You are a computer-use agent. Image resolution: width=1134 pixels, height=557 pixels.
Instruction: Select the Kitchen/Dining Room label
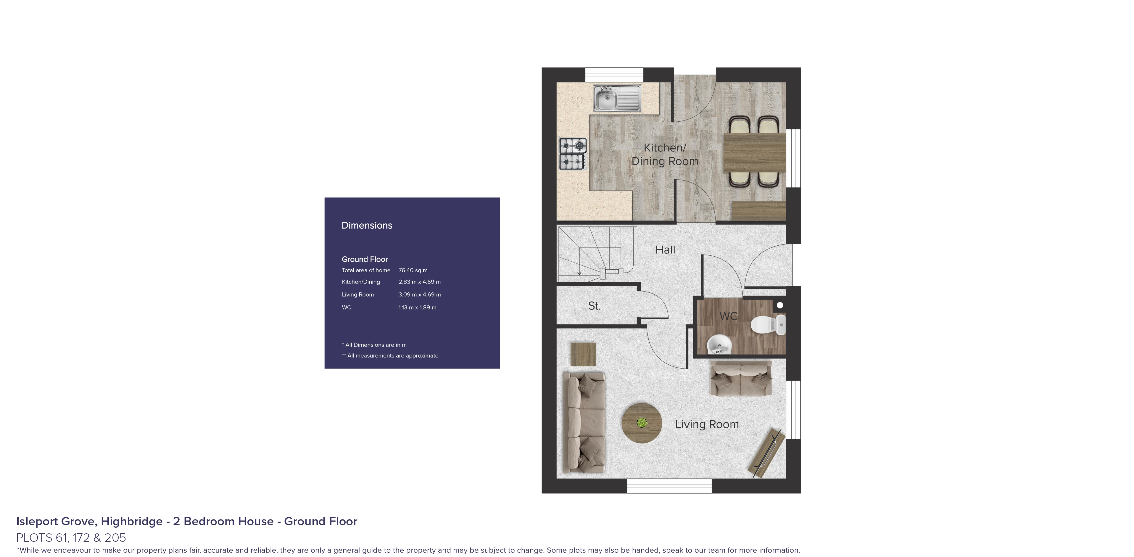coord(665,155)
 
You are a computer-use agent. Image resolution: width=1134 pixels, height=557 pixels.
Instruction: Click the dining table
coord(754,152)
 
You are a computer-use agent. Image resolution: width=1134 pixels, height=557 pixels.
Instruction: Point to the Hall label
coord(665,250)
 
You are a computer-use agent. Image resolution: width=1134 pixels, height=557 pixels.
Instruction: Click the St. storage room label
coord(594,306)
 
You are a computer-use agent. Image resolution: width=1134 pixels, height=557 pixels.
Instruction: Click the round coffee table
coord(641,423)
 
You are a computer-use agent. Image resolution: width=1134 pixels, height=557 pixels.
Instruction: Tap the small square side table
coord(583,354)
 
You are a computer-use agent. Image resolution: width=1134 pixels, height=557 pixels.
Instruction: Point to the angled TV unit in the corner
coord(767,454)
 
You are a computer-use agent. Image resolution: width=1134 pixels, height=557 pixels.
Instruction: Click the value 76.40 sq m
coord(412,270)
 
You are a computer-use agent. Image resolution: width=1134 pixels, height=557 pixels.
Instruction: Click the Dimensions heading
coord(367,225)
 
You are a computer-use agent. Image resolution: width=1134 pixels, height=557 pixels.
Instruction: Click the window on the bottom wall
coord(669,486)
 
